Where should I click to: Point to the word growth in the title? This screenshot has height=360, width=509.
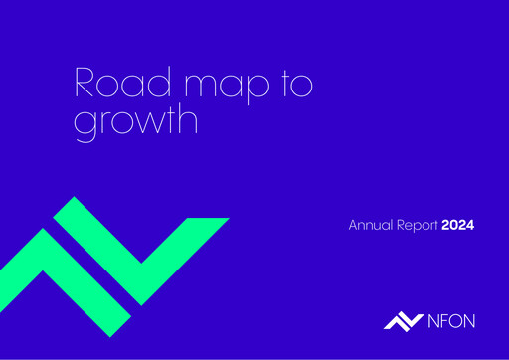[x=137, y=124]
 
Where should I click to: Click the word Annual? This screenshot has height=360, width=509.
[x=368, y=225]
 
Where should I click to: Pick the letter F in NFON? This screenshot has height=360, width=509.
[x=443, y=319]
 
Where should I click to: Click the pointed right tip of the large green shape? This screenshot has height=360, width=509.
[x=229, y=219]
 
